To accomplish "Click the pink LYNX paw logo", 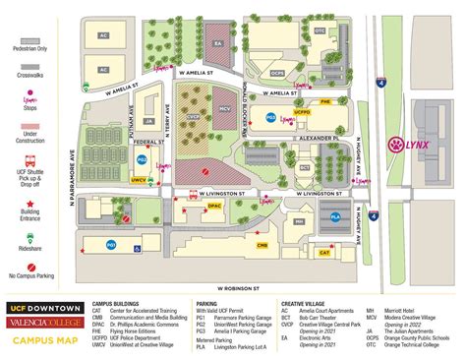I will coord(395,144).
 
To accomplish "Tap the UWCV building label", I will coord(139,180).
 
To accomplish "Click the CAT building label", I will coord(323,254).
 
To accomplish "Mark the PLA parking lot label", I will coord(335,216).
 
